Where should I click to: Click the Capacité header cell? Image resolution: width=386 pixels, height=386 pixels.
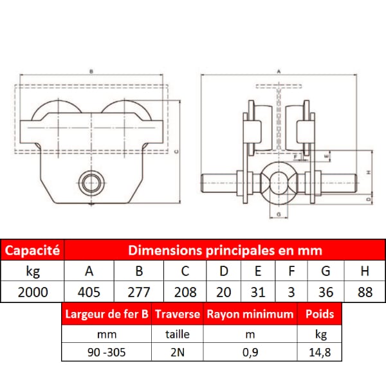point(32,250)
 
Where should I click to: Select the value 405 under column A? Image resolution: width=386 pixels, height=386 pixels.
point(89,293)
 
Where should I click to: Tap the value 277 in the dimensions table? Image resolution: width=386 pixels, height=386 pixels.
point(139,293)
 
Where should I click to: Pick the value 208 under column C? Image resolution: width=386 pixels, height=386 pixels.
point(185,293)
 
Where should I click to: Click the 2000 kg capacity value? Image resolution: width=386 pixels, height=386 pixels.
point(33,293)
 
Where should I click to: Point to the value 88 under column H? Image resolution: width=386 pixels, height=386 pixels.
point(365,293)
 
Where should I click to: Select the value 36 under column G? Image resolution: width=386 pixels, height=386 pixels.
point(326,293)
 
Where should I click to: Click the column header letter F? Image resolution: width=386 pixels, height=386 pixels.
point(291,271)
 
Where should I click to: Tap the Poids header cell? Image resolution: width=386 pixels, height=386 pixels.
point(320,314)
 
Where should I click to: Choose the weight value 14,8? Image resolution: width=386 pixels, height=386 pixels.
point(320,353)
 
